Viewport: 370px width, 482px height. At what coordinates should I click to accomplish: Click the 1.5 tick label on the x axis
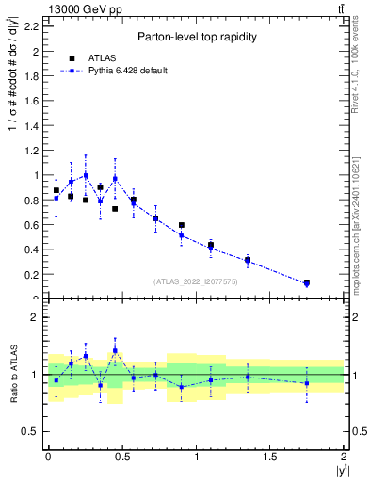coord(270,456)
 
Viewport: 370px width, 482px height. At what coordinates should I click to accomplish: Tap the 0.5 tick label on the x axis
coord(121,456)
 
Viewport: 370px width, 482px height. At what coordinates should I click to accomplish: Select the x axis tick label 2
coord(345,456)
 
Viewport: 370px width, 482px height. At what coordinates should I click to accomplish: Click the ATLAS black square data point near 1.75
coord(307,282)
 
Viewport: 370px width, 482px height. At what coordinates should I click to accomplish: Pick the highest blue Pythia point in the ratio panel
coord(115,350)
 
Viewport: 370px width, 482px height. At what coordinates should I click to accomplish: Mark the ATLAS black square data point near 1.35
coord(248,260)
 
